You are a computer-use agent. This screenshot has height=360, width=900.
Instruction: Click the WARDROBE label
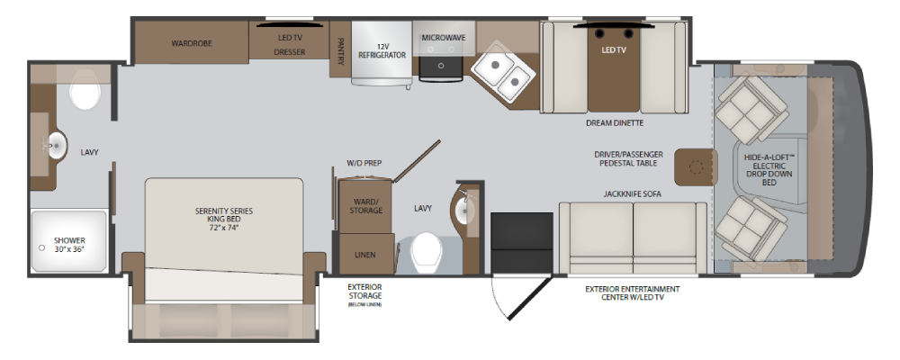192,43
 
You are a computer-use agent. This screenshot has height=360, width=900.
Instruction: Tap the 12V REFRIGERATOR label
382,50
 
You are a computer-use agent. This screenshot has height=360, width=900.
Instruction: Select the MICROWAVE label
444,38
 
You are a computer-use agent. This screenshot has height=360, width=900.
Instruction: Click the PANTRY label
341,51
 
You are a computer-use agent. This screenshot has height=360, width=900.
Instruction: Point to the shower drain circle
41,248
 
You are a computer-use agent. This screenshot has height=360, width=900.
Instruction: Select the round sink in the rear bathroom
57,145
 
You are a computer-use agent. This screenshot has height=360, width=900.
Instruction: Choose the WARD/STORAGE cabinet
365,207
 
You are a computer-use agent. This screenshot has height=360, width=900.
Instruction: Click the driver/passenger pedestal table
696,167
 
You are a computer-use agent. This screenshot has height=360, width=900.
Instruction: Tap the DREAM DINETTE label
615,123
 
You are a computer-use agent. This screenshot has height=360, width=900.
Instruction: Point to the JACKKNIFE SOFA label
632,194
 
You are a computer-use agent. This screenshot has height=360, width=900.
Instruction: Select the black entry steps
522,242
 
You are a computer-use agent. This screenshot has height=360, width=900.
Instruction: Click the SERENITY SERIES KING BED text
223,219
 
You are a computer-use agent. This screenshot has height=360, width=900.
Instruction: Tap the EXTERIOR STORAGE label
364,291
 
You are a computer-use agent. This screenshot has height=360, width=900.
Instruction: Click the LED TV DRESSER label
289,45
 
